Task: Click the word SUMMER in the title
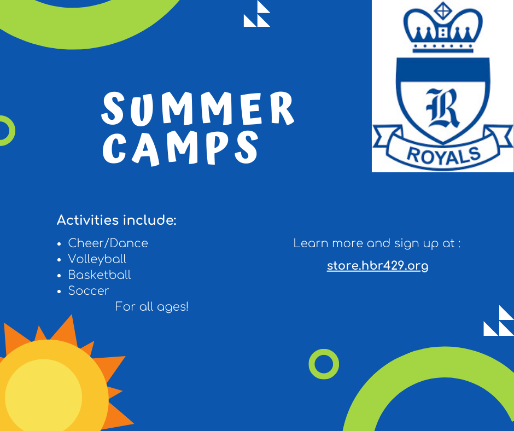[x=197, y=108]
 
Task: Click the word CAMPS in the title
[x=181, y=148]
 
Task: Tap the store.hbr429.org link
[x=378, y=266]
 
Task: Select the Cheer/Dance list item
[x=108, y=243]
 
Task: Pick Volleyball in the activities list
[x=97, y=259]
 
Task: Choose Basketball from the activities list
[x=100, y=275]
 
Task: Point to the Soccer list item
[x=89, y=290]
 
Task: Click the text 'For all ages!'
[x=152, y=307]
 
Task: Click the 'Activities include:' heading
[x=116, y=220]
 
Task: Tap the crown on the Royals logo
[x=443, y=28]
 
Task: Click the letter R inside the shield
[x=442, y=108]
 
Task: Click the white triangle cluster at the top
[x=257, y=14]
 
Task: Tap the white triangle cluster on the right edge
[x=499, y=321]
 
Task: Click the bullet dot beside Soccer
[x=59, y=292]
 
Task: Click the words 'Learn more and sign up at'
[x=374, y=244]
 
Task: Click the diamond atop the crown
[x=443, y=10]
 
